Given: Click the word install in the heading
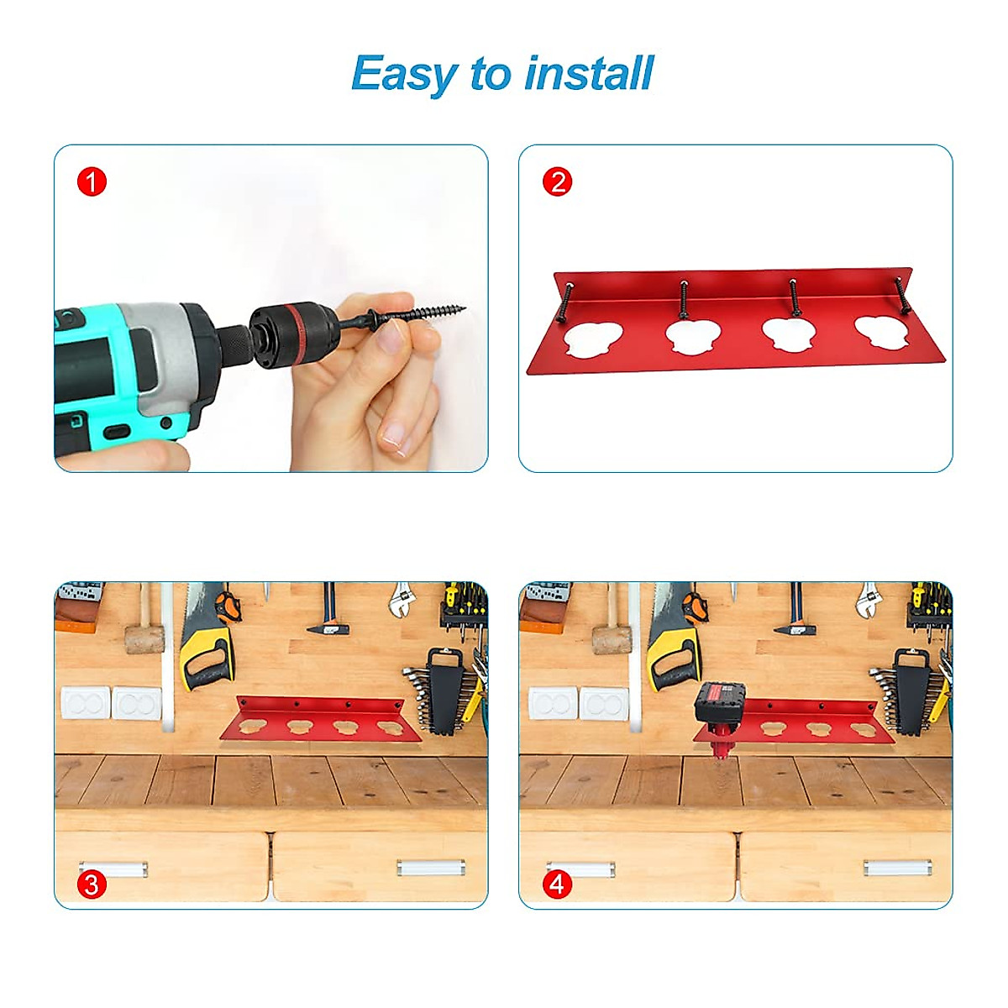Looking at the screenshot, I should tap(588, 73).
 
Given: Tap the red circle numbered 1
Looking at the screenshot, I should tap(92, 181).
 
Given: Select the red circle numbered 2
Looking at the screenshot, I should tap(558, 181).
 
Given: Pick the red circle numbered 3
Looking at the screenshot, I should tap(92, 884).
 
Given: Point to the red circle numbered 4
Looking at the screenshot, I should tap(558, 884).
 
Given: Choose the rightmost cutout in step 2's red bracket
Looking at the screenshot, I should tap(882, 332).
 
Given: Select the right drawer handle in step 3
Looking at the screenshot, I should tap(430, 867).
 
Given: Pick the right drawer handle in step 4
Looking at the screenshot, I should tap(897, 867).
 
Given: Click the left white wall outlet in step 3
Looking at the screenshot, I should tap(85, 702).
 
